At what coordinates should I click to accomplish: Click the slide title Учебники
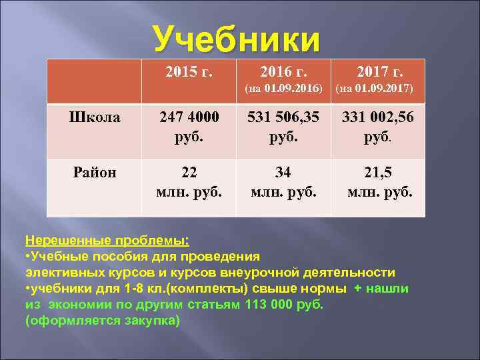237,39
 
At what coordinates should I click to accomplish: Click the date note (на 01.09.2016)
283,89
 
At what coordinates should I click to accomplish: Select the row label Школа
95,117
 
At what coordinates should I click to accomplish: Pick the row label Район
95,172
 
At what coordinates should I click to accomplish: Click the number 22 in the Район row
189,172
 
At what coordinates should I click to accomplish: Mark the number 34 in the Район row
283,172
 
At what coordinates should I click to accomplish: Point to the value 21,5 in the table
378,172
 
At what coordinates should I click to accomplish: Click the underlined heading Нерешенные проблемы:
107,240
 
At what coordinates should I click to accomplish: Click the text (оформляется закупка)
103,320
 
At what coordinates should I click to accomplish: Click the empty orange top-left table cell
95,80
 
